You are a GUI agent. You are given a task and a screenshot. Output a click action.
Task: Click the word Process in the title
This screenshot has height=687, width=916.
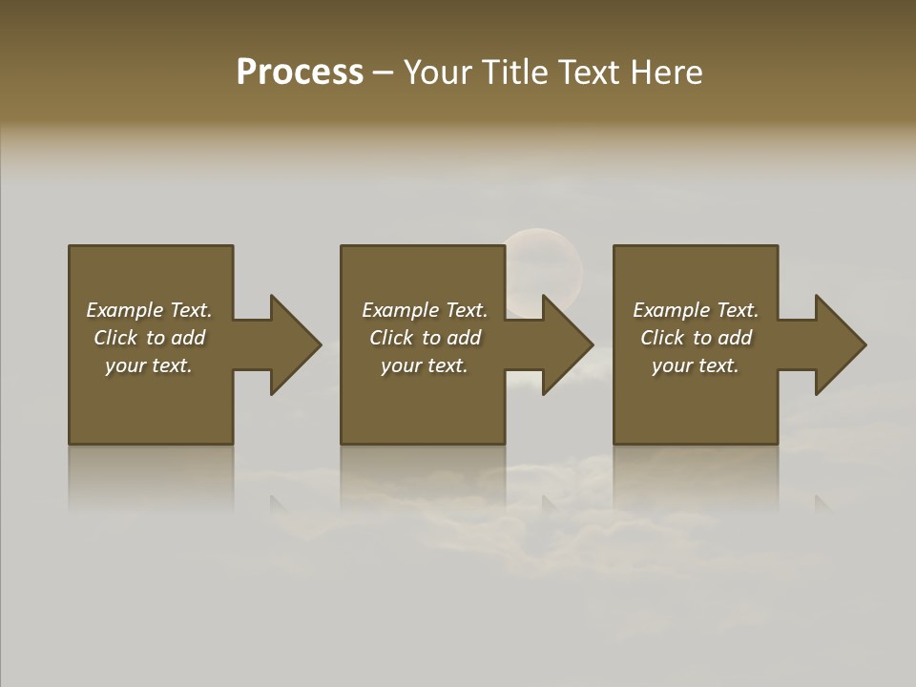point(300,73)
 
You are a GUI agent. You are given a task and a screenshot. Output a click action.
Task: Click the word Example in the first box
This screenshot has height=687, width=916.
point(123,310)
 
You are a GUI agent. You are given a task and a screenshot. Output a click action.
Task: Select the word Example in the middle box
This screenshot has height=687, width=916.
point(399,310)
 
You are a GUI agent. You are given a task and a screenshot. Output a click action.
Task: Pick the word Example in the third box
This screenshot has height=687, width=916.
point(670,310)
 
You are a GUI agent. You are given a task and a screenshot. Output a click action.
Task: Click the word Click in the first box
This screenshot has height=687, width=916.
point(114,338)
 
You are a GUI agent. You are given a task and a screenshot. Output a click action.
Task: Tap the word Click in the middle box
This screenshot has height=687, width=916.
point(390,338)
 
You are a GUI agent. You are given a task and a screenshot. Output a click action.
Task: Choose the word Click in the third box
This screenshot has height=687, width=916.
point(661,338)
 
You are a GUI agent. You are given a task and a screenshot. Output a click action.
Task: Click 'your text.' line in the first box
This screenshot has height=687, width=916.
point(149,365)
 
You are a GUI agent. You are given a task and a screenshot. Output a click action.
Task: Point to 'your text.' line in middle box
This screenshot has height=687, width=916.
point(425,365)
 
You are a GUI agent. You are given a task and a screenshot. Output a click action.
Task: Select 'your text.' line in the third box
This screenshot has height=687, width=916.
point(696,365)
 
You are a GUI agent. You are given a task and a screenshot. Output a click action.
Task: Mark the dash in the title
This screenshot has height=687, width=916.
point(384,73)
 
